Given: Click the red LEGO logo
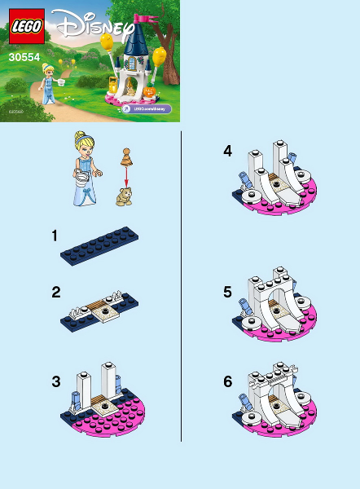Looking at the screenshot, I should coord(27,30).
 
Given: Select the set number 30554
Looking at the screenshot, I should coord(26,58).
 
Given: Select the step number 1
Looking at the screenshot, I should coord(55,236).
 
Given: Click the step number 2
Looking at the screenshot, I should coord(55,292).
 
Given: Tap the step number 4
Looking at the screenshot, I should coord(228,150).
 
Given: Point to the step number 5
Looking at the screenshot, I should coord(228,291).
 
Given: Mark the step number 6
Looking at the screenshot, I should coord(228,381).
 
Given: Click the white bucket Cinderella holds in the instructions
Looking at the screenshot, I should coord(81,178).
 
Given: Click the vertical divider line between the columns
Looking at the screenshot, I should coord(181,285).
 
